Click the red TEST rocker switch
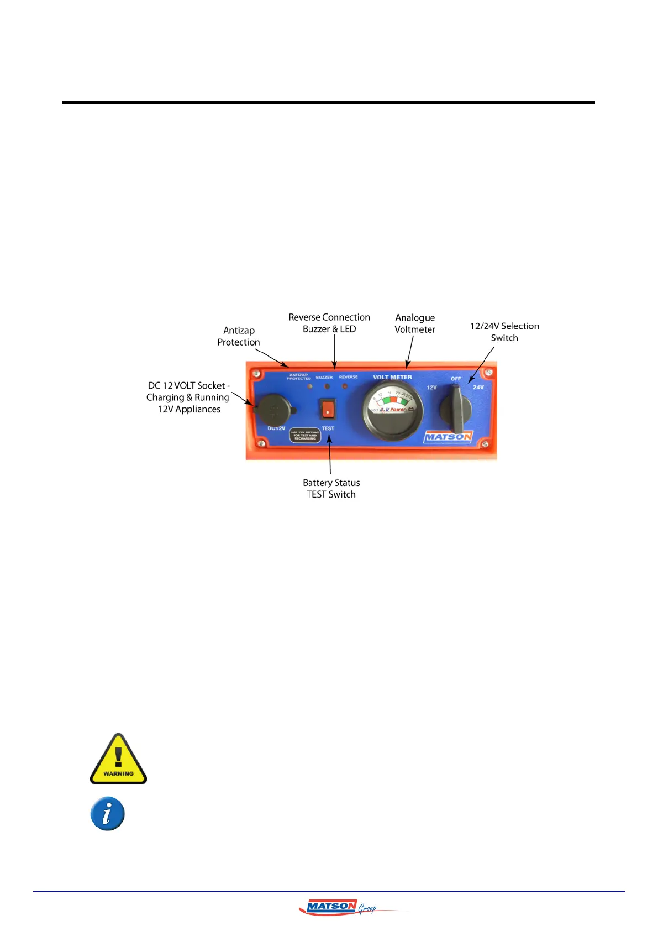(x=328, y=410)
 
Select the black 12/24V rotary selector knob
(x=456, y=410)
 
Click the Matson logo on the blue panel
(x=448, y=437)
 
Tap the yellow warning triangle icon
(x=118, y=759)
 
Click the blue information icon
(x=108, y=813)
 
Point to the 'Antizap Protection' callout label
(x=239, y=336)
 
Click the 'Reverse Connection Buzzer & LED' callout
(x=329, y=323)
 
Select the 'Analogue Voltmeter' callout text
(x=415, y=323)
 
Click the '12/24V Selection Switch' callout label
(x=504, y=332)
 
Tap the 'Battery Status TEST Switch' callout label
(x=331, y=489)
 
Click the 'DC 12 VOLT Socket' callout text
(x=188, y=397)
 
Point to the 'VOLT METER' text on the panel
(x=392, y=377)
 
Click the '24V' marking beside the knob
(x=478, y=387)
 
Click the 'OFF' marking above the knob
(x=456, y=379)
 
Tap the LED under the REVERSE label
(x=345, y=386)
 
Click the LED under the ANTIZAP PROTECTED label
(x=309, y=386)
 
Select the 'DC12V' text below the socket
(x=276, y=428)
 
